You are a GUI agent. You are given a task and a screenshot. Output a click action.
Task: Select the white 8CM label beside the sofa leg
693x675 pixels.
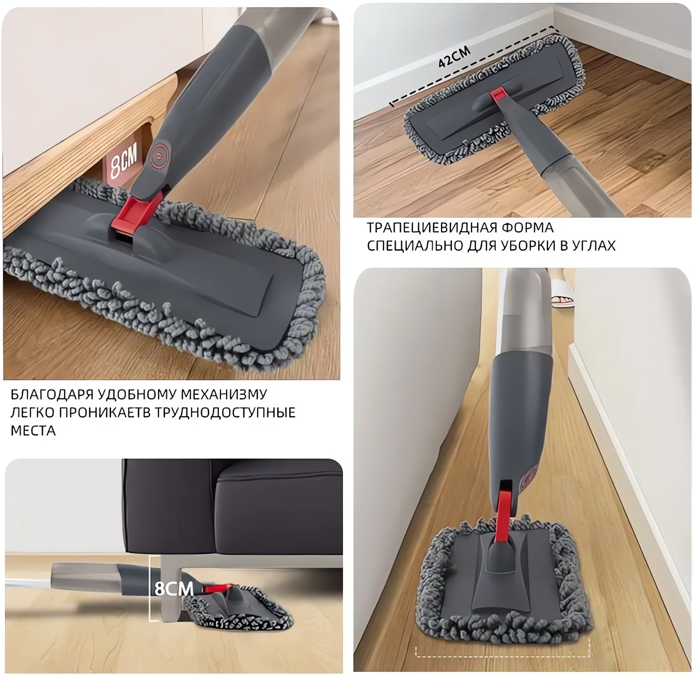[x=174, y=588]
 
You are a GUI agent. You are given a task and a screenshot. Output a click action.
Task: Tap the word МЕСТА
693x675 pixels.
[x=33, y=431]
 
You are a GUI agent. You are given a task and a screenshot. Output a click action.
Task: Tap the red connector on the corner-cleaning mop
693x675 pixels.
[x=497, y=97]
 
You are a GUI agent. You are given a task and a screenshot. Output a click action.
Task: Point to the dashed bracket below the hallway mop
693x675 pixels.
[x=503, y=657]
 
